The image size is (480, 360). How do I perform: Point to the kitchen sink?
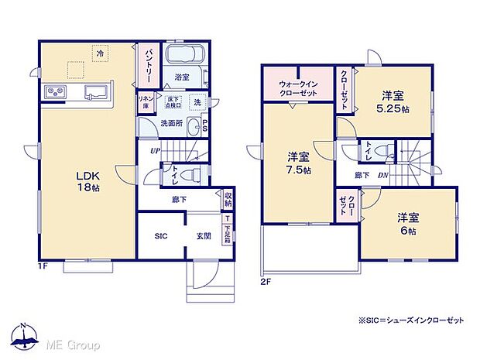click(x=95, y=92)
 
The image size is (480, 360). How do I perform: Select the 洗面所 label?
click(x=171, y=123)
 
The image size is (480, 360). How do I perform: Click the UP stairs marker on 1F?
click(x=155, y=152)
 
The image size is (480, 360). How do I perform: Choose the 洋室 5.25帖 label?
click(x=393, y=101)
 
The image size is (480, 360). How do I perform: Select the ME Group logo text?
click(x=74, y=343)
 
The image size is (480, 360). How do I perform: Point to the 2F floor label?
click(x=266, y=281)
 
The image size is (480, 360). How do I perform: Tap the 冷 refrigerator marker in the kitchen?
click(x=100, y=53)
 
